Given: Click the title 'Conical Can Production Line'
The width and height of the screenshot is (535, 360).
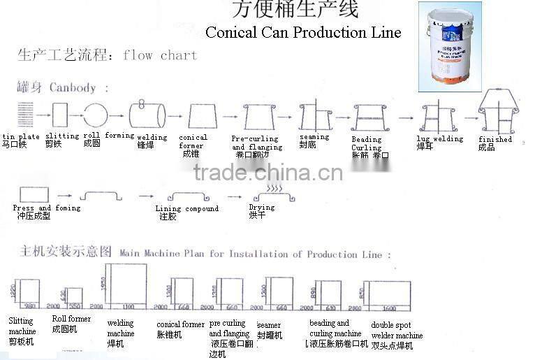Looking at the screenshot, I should (303, 32).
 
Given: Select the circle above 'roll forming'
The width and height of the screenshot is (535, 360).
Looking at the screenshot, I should (96, 114).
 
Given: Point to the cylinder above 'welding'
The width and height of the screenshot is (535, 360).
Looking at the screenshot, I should (147, 114).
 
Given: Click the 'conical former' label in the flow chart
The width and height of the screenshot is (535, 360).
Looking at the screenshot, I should (193, 142).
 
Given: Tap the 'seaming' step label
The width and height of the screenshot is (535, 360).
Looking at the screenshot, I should (314, 137).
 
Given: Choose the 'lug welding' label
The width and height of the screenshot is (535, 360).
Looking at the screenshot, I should (440, 138).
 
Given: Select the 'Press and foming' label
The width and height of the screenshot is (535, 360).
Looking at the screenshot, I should (47, 208).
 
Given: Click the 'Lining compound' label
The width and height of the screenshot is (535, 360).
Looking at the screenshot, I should (187, 208).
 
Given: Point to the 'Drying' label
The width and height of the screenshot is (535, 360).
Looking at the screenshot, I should (262, 208).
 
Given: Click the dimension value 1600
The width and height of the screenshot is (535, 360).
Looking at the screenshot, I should (388, 308).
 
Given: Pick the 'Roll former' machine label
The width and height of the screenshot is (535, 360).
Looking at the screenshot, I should (71, 319).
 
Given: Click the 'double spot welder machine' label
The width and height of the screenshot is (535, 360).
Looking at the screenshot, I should (397, 331).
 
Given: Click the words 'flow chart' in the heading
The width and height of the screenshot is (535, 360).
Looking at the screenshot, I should (160, 55).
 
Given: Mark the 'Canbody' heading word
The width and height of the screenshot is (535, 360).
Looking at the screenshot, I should (72, 88).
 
